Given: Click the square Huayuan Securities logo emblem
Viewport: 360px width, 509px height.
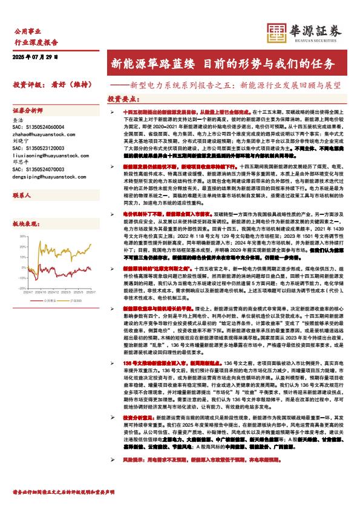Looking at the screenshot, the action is pos(277,32).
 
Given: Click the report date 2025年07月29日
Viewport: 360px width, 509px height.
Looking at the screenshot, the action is pos(35,57).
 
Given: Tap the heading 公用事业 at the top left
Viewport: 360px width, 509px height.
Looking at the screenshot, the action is pos(27,30).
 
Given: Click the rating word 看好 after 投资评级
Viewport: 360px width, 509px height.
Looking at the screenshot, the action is pos(59,85).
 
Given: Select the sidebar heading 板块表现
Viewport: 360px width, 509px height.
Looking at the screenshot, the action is pos(25,223).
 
